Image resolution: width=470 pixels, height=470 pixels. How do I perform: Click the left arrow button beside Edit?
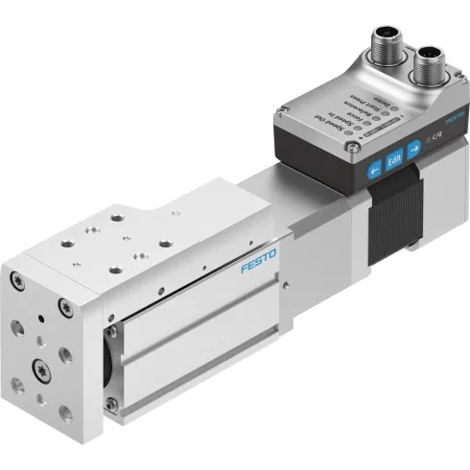point(373,166)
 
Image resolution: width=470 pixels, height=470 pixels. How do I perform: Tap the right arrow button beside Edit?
point(412,149)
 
